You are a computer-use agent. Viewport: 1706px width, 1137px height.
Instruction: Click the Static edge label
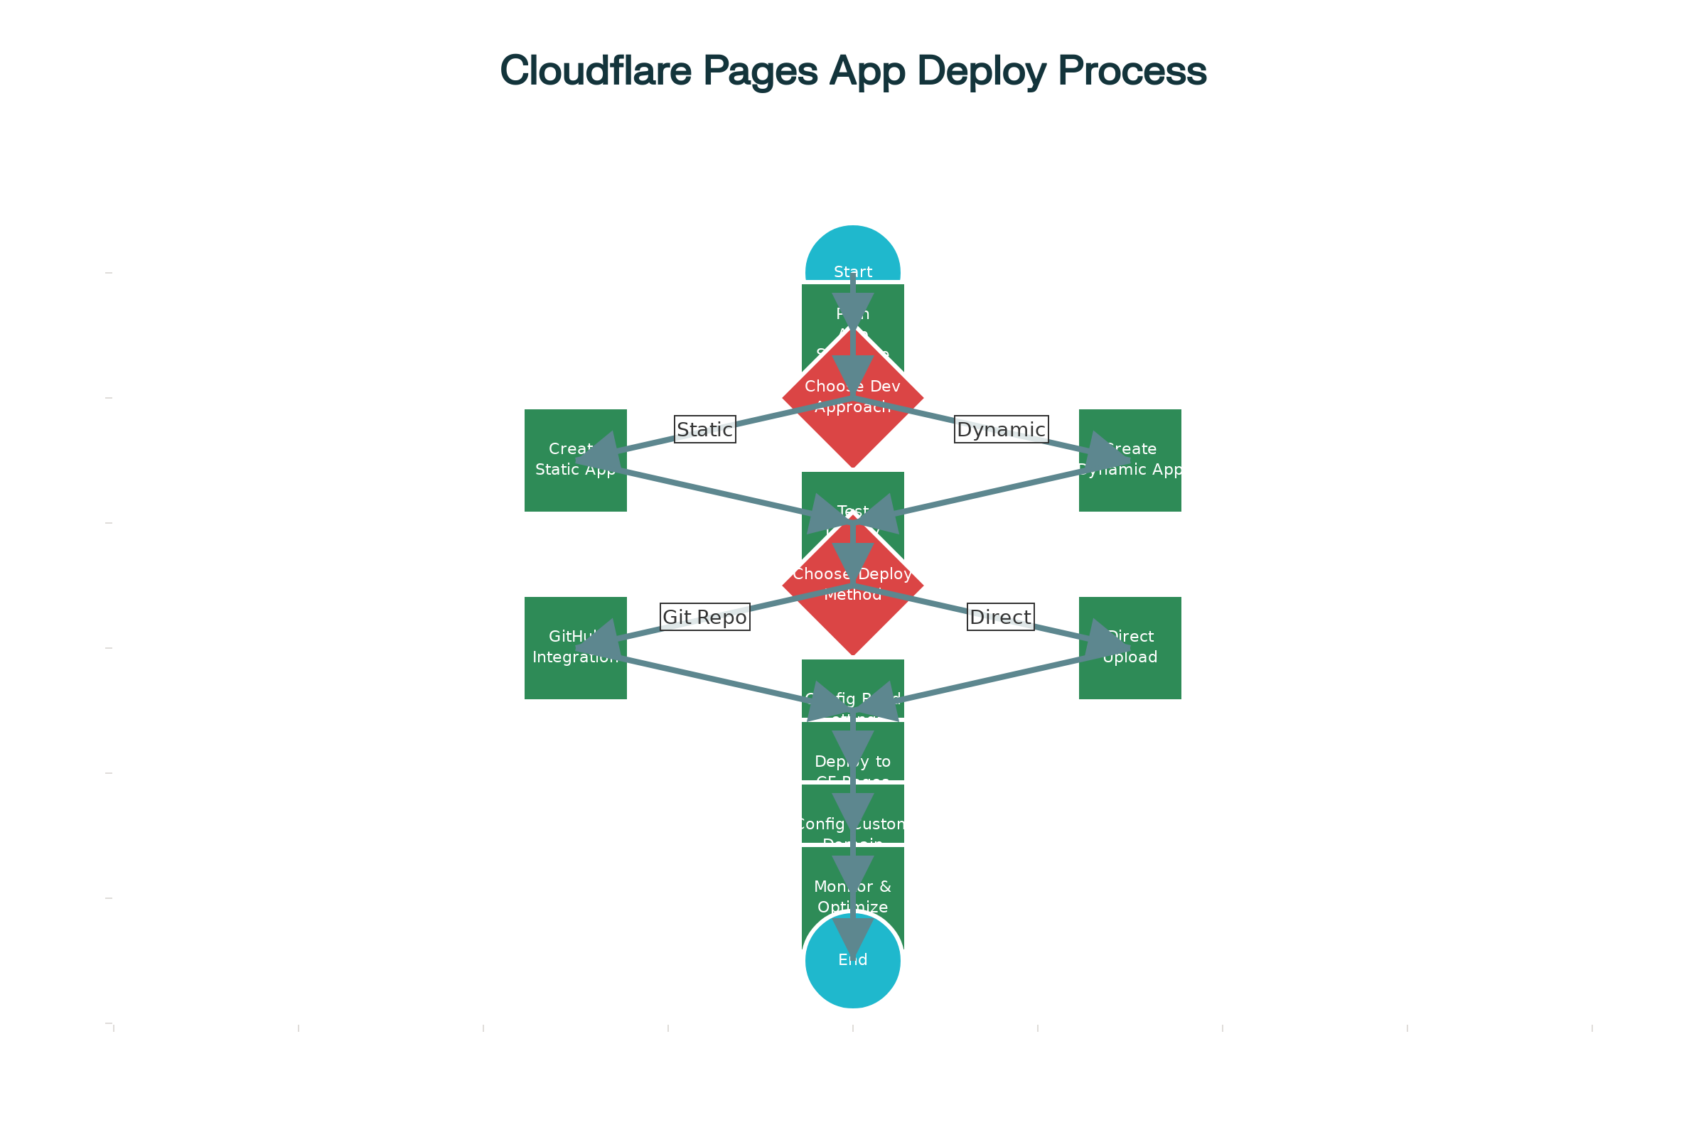pos(704,429)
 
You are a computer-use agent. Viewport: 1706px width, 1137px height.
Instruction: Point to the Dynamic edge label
pos(1001,429)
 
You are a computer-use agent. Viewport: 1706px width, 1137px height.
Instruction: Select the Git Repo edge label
pos(704,617)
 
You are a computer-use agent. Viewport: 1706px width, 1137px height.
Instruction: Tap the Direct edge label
pos(1000,617)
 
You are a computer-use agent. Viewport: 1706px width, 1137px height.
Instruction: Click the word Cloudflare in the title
pos(595,71)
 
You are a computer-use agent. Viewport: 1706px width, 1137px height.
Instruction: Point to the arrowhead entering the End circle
pos(852,935)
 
